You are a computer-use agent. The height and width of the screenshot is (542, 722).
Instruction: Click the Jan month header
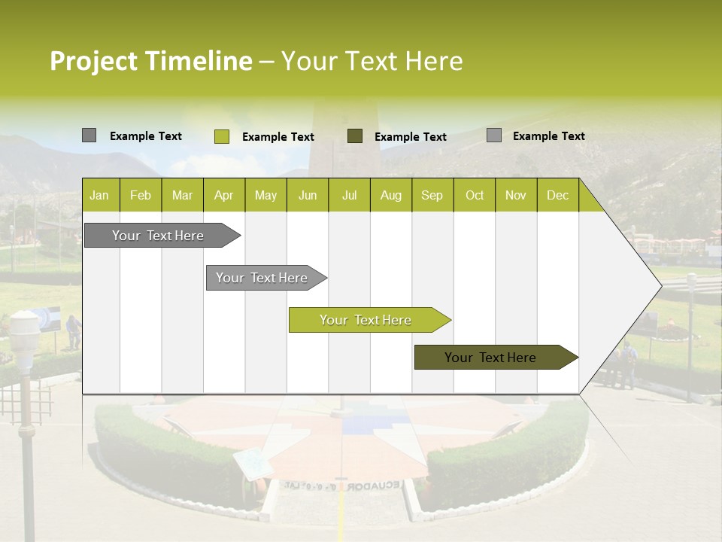click(x=100, y=196)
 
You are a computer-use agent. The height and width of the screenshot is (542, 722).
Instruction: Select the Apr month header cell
click(x=224, y=196)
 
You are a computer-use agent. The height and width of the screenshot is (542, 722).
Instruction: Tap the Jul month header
click(x=349, y=196)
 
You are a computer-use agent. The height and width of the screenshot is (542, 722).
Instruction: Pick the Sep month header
click(x=432, y=196)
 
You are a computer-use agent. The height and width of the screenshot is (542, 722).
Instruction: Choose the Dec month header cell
click(x=557, y=196)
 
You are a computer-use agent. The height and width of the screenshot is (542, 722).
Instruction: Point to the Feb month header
click(x=141, y=196)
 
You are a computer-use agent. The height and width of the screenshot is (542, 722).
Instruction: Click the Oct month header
click(x=475, y=196)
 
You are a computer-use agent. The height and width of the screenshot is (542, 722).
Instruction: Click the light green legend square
click(x=222, y=136)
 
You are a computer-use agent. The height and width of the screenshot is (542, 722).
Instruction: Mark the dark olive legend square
click(x=355, y=135)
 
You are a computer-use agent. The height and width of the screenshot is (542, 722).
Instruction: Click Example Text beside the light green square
click(x=278, y=137)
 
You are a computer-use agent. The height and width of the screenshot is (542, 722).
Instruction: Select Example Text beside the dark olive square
click(x=411, y=137)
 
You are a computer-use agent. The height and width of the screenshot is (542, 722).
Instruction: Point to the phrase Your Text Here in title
click(x=372, y=62)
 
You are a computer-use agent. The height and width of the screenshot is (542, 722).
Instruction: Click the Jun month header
click(x=308, y=196)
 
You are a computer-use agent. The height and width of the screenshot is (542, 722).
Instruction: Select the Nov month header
click(x=516, y=196)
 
